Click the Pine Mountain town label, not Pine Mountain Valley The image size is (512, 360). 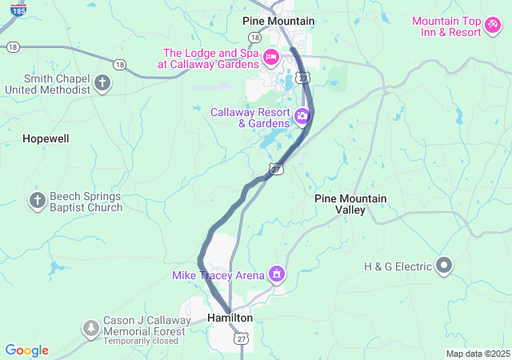coord(278,21)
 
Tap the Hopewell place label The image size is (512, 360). coord(46,138)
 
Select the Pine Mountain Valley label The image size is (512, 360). coord(350,204)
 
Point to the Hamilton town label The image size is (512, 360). coord(230,318)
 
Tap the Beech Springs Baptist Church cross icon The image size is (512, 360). coord(38,201)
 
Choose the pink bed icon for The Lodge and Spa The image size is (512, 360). coord(271,57)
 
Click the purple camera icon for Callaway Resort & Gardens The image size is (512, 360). coord(302,117)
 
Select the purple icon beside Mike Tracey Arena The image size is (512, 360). coord(277,274)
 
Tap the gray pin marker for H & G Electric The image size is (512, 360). coord(445,266)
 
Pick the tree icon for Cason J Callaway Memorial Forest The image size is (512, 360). coord(91,328)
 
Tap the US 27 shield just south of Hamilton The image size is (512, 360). coord(242,340)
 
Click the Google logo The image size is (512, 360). coord(26,350)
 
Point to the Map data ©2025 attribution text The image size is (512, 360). coord(477,354)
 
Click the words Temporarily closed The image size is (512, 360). coord(141,341)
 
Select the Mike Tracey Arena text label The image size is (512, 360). coord(218,275)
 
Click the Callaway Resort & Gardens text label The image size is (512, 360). coord(250,118)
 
